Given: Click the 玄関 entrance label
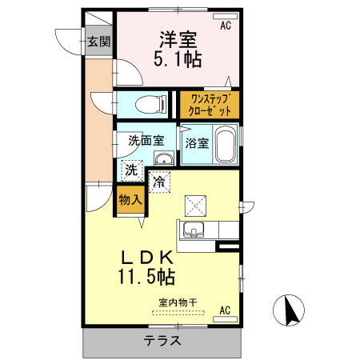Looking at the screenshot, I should tap(100, 42).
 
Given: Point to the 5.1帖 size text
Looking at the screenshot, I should tap(178, 58).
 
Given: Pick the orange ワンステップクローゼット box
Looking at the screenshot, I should tap(209, 104).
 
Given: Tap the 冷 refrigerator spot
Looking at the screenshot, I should tap(160, 182).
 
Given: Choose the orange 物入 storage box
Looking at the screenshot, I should tap(130, 199).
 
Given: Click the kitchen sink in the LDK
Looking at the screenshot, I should tap(193, 232).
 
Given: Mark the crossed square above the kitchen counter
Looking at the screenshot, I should tap(194, 206).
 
